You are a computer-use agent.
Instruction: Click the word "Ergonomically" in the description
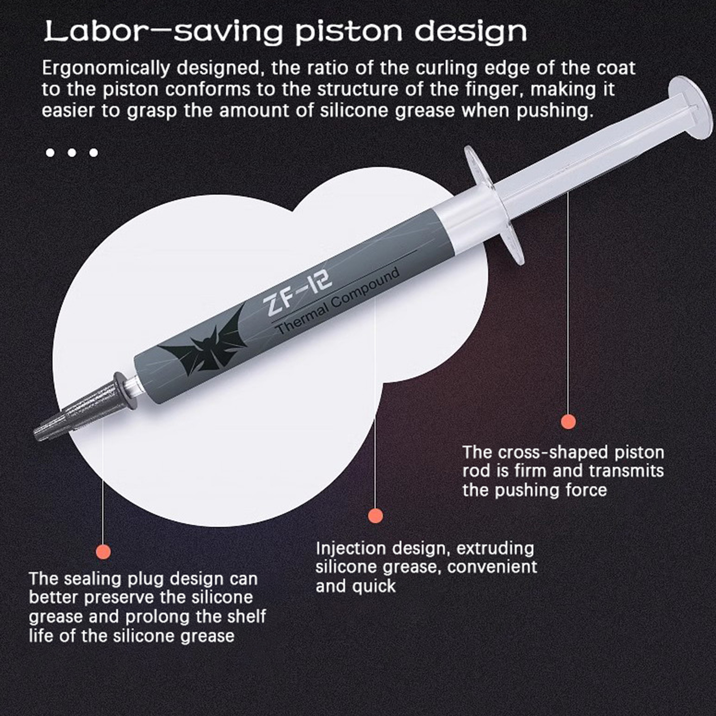pos(106,68)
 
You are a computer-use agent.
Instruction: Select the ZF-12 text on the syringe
pos(298,292)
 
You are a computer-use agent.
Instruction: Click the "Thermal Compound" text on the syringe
pos(337,300)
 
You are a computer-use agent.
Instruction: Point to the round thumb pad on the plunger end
pos(690,107)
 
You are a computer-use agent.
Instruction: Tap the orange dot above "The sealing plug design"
pos(103,551)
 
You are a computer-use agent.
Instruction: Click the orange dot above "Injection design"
pos(375,516)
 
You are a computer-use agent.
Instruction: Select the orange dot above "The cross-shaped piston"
pos(568,421)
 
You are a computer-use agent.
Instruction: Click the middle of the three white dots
pos(72,153)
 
